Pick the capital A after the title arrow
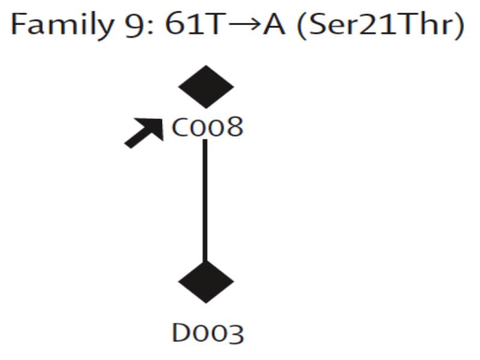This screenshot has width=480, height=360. [x=274, y=25]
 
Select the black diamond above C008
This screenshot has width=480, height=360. [x=206, y=86]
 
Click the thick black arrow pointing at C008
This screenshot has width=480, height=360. [x=145, y=133]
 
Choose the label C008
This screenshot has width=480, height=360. [x=208, y=127]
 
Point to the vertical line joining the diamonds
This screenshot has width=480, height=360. [x=205, y=200]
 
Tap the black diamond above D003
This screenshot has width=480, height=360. [x=206, y=282]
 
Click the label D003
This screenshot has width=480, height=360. [x=208, y=333]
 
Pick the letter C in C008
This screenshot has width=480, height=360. [x=180, y=127]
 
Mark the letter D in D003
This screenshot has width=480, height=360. [x=182, y=333]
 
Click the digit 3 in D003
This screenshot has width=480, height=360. [x=236, y=333]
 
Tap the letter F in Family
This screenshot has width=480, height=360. [x=19, y=25]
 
